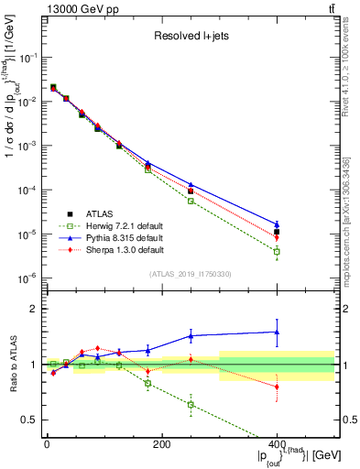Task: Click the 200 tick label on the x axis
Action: tap(162, 444)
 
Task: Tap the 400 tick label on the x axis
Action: tap(277, 444)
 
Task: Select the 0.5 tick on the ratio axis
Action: tap(32, 420)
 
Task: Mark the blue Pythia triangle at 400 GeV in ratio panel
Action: tap(277, 333)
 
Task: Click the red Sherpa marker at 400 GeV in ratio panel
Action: tap(277, 387)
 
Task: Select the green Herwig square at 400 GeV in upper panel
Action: tap(277, 251)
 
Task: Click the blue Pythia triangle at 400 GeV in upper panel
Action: tap(277, 224)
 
